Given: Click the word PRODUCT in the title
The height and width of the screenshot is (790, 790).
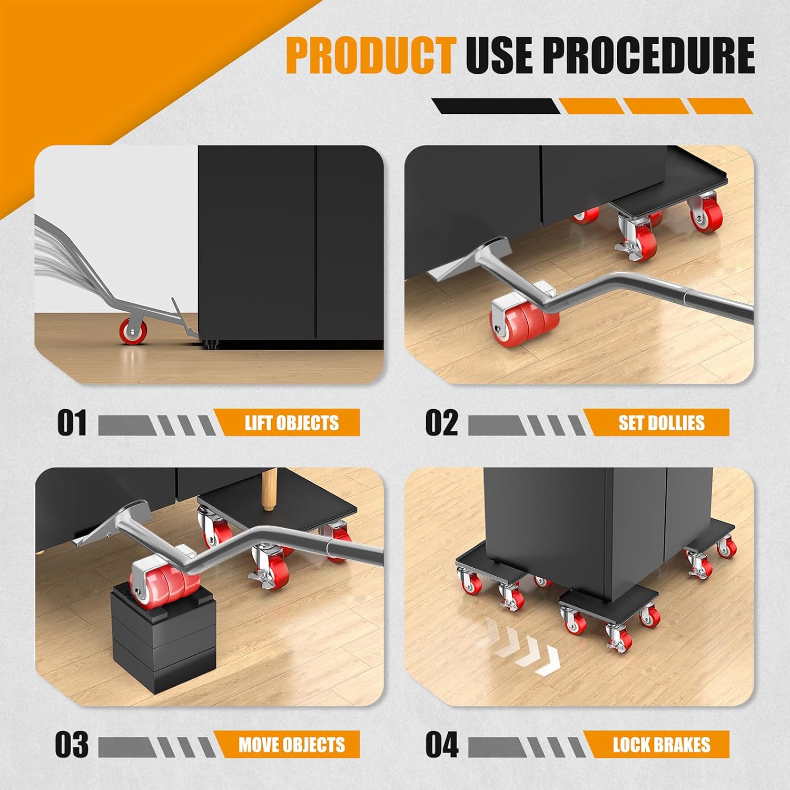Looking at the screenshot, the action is coord(371,56).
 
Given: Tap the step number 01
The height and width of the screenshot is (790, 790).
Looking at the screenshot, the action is coord(72,423).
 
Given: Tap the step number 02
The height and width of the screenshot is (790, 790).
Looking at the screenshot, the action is coord(441,423).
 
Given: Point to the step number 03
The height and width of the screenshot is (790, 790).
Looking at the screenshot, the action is coord(72,745).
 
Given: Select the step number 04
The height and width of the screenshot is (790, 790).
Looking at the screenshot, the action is coord(442,745).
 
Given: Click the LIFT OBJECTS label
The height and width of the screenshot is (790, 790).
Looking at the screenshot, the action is coord(292,423).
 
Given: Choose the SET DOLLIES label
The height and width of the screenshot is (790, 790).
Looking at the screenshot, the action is coord(661,423).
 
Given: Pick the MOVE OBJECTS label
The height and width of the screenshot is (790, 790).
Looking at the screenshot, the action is coord(292,745).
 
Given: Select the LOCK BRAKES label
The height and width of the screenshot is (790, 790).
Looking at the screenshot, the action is coord(661,745).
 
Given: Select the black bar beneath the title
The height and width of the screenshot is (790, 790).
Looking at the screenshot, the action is coord(496,106).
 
